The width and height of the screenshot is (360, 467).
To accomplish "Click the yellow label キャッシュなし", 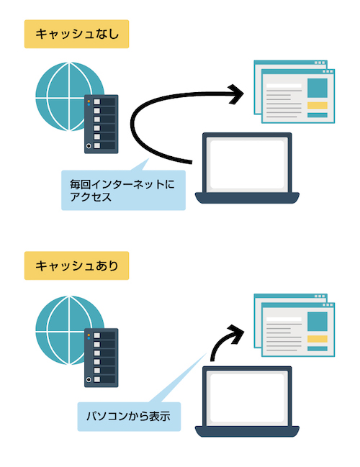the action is (76, 34).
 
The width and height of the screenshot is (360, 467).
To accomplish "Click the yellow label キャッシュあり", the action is (76, 266).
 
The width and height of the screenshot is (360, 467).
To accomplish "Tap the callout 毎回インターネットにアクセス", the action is (123, 190).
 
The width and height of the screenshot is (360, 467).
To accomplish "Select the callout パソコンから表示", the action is (129, 417).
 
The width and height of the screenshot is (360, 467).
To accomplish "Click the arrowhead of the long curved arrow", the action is (236, 94).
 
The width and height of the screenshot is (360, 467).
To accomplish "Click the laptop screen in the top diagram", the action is (247, 164).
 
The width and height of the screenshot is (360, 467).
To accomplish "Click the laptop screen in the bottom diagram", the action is (247, 397).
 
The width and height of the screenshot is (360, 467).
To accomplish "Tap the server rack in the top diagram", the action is (102, 124).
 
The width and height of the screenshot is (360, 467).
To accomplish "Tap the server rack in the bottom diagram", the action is (102, 358).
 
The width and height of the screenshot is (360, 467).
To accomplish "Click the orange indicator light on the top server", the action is (89, 101).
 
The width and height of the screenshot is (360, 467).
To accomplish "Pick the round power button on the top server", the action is (89, 146).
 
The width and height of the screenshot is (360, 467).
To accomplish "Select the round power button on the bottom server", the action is (89, 379).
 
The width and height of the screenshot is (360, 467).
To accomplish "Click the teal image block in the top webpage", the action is (318, 89).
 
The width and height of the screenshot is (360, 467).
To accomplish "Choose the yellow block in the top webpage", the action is (318, 105).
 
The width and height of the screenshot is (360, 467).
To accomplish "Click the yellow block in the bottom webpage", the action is (318, 339).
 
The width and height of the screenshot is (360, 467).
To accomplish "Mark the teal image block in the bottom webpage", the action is (318, 322).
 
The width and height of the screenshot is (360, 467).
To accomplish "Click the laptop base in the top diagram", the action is (247, 198).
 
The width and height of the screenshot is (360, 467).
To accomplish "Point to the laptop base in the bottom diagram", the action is (247, 432).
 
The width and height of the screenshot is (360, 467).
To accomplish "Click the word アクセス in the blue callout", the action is (91, 197).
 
